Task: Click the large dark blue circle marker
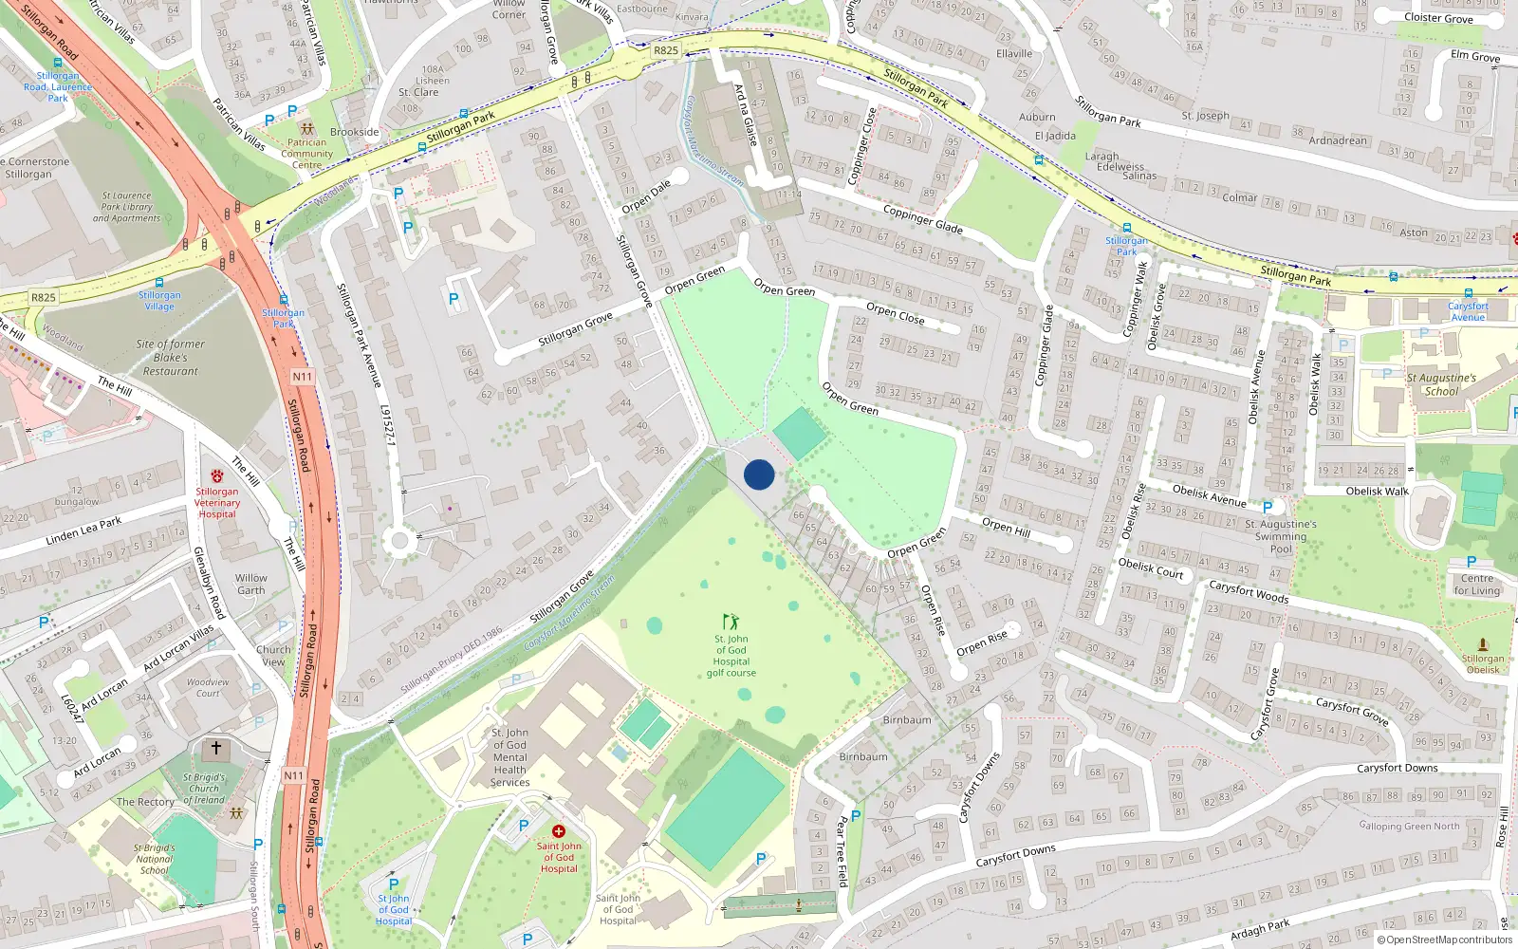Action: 759,474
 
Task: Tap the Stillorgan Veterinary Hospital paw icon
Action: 217,476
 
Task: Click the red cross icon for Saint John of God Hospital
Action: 559,831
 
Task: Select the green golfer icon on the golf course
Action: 731,622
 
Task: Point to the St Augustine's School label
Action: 1441,384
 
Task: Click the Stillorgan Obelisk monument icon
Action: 1483,645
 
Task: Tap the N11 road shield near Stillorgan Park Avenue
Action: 302,377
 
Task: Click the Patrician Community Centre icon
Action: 306,128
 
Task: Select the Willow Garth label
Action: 251,584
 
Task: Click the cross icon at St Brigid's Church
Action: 216,749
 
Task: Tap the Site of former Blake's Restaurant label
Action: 171,358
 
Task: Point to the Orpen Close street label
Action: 895,313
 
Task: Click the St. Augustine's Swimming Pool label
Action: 1281,536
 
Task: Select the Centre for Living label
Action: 1477,585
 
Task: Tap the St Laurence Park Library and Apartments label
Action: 126,207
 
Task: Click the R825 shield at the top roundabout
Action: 666,51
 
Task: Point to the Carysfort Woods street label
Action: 1249,591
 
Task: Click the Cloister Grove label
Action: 1438,18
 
